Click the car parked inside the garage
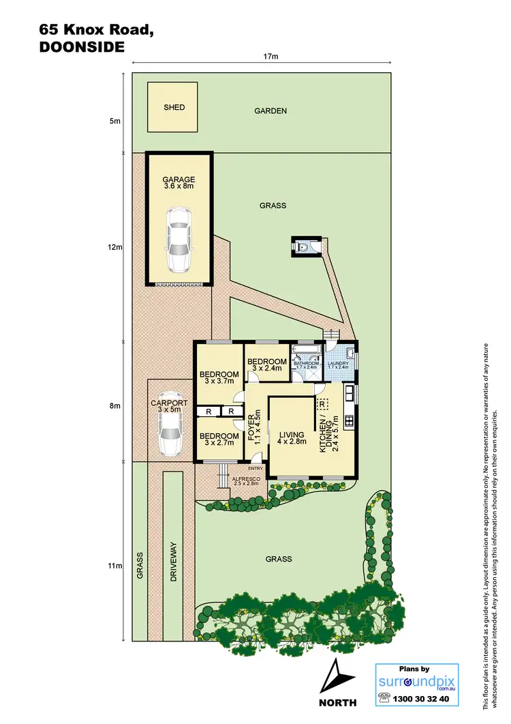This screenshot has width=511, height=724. coord(179,239)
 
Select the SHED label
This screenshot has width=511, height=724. coord(174,107)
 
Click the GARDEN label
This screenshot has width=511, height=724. coord(270,111)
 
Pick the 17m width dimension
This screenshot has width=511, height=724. coord(270,57)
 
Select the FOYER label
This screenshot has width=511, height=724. coord(253,426)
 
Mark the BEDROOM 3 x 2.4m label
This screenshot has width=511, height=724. coord(266,365)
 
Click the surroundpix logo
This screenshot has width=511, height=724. coord(416,680)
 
